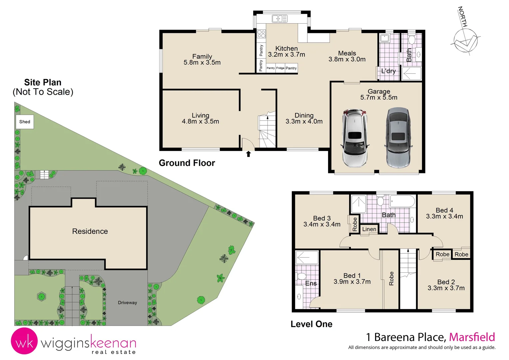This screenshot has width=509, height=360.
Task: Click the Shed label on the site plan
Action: point(25,122)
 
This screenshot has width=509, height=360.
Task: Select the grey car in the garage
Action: point(398,138)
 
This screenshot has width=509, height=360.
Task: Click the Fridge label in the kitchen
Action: point(280,68)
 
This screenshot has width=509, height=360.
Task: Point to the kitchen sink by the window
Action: point(279,19)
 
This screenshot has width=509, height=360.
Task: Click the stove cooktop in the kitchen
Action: point(261,34)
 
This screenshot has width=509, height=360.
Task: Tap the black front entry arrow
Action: point(248,154)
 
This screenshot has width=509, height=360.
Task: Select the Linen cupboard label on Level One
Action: point(369,229)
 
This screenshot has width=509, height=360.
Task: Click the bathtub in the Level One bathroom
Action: point(402,201)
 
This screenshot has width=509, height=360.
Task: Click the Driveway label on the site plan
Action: point(127,303)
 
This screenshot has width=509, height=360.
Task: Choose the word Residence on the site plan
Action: point(90,231)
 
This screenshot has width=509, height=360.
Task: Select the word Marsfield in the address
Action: point(472,337)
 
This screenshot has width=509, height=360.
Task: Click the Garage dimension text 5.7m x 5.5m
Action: point(379,98)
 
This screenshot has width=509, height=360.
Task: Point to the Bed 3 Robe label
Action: point(355,224)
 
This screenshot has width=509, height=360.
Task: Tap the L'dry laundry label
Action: point(388,71)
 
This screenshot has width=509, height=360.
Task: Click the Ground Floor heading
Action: point(187,163)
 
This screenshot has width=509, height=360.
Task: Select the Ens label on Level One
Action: point(311,283)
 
